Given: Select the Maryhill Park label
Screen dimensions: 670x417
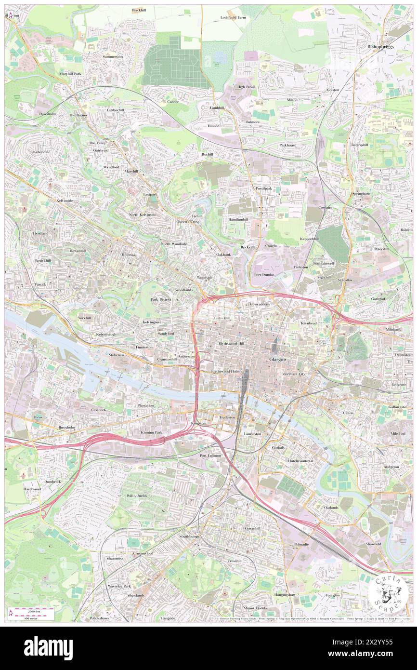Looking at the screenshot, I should coord(70,73).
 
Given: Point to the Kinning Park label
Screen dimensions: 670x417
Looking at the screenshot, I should coord(152,432).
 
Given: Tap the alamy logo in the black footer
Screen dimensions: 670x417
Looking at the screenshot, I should coord(48,648).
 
